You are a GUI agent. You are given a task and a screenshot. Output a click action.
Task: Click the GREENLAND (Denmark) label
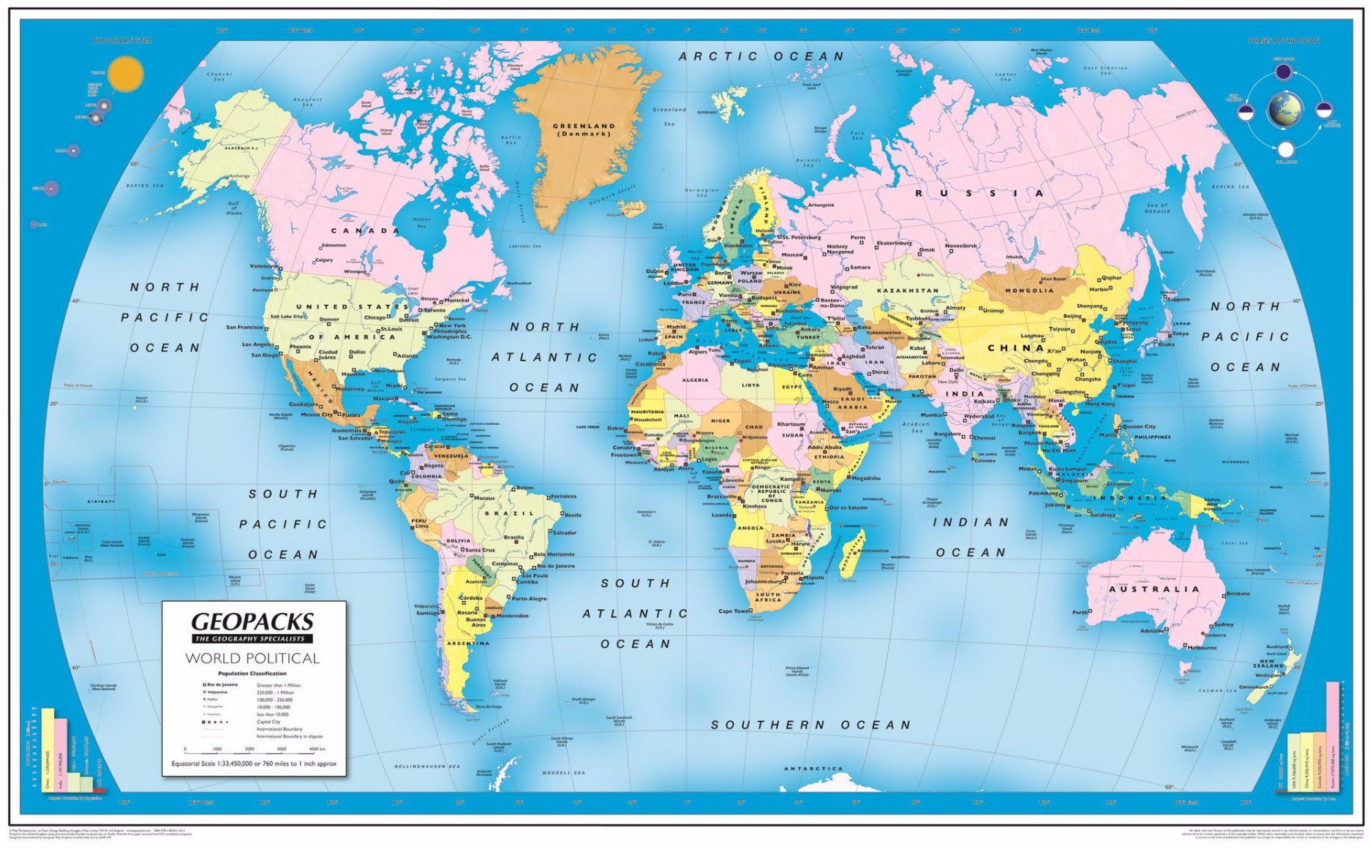pyautogui.click(x=584, y=129)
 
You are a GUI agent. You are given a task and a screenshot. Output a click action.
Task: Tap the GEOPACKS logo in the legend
pyautogui.click(x=252, y=622)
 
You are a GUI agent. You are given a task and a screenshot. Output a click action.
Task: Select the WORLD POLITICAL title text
pyautogui.click(x=252, y=658)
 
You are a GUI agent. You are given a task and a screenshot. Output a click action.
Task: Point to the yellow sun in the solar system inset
pyautogui.click(x=126, y=74)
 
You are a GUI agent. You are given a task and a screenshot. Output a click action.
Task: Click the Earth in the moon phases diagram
pyautogui.click(x=1284, y=110)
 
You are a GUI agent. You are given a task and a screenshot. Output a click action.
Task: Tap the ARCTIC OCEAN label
pyautogui.click(x=761, y=56)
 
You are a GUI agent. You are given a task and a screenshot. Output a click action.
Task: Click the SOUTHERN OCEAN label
pyautogui.click(x=811, y=725)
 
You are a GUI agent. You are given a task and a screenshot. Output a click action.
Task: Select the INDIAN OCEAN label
pyautogui.click(x=971, y=537)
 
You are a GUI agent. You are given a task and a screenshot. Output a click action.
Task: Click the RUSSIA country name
pyautogui.click(x=980, y=193)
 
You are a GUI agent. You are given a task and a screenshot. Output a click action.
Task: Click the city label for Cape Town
pyautogui.click(x=734, y=611)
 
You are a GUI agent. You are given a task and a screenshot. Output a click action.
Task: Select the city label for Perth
pyautogui.click(x=1080, y=612)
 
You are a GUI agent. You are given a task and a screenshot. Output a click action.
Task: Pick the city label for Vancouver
pyautogui.click(x=263, y=266)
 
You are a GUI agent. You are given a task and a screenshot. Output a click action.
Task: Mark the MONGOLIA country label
pyautogui.click(x=1029, y=290)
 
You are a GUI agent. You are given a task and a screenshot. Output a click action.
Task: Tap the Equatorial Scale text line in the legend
pyautogui.click(x=253, y=763)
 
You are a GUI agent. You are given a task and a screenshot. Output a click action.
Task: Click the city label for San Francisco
pyautogui.click(x=244, y=327)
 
